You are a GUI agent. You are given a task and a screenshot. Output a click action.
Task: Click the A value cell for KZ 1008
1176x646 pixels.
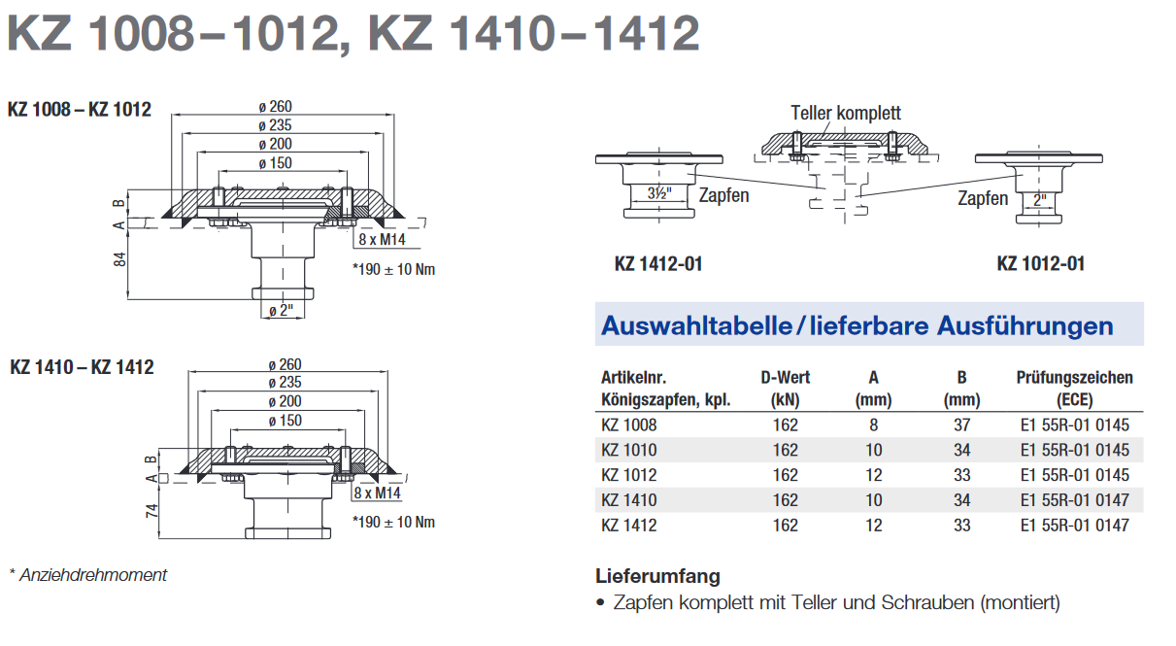(873, 425)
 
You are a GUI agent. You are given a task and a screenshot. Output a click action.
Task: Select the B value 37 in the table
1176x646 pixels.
(961, 425)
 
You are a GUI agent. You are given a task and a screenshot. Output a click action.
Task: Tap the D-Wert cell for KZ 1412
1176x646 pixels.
(785, 526)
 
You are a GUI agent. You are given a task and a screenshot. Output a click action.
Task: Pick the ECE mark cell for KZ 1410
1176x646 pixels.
(1074, 500)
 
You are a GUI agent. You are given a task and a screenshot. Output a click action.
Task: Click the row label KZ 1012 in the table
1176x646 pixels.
(629, 475)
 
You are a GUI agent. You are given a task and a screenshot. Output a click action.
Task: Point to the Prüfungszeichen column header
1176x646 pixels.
(1074, 389)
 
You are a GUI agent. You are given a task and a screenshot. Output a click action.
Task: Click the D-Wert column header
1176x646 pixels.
(785, 389)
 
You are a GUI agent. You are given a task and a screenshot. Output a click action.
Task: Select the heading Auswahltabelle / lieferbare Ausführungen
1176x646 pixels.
(857, 325)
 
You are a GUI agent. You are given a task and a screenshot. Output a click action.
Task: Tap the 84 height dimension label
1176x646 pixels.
(120, 259)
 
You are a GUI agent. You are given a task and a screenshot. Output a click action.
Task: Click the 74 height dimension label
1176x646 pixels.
(151, 511)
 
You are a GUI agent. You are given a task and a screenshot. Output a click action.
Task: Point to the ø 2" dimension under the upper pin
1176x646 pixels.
(281, 311)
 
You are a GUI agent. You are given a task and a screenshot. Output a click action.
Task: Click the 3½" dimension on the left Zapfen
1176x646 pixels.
(659, 193)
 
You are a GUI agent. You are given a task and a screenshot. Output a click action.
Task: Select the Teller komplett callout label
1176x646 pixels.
(846, 113)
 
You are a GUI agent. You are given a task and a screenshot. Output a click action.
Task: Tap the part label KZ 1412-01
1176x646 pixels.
(658, 263)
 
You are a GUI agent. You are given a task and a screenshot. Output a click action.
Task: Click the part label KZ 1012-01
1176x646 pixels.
(1041, 263)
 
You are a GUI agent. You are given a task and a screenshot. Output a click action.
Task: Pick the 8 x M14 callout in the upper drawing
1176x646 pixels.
(383, 240)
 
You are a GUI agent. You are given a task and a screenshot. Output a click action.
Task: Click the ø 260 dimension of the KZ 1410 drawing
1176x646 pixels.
(285, 364)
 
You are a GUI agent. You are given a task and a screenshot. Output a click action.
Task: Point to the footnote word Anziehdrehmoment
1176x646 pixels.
(93, 575)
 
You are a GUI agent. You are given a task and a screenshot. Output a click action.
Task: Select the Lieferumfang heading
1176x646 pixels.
(657, 576)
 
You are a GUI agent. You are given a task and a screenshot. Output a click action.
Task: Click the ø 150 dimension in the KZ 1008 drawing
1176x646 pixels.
(275, 163)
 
